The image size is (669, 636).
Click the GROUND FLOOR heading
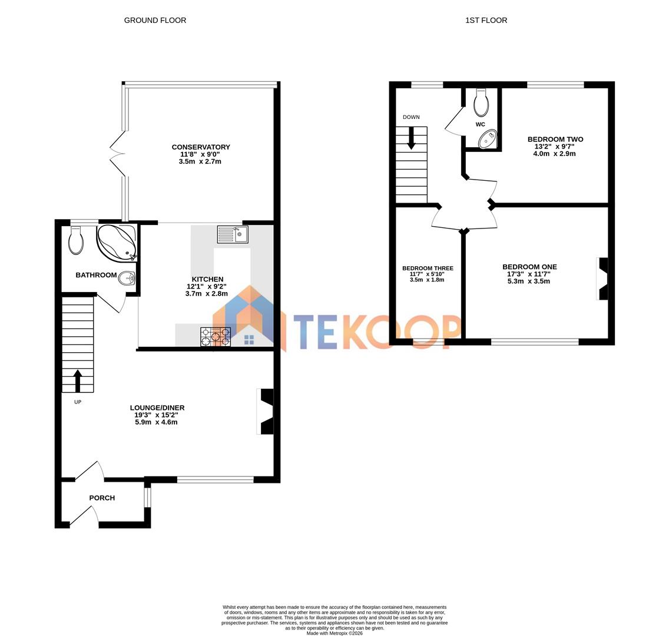click(x=155, y=21)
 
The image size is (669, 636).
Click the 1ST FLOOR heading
click(x=486, y=21)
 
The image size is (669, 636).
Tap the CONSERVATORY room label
click(x=201, y=147)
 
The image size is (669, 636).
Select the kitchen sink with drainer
click(x=233, y=234)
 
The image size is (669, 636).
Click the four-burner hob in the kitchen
click(x=215, y=337)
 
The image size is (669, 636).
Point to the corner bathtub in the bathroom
click(x=117, y=241)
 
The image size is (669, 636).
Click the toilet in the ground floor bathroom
click(x=76, y=240)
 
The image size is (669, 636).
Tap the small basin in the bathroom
click(x=127, y=279)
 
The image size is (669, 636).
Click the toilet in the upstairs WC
click(x=481, y=104)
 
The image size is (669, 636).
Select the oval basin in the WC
click(x=487, y=140)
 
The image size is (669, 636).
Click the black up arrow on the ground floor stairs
click(x=77, y=380)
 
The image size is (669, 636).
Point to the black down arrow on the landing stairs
click(x=410, y=138)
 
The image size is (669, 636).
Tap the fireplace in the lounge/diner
click(x=266, y=411)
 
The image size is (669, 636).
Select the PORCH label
click(x=102, y=498)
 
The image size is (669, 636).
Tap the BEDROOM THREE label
click(x=428, y=269)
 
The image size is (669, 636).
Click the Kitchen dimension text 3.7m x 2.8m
click(x=206, y=293)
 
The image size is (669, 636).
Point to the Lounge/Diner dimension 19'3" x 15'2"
click(x=156, y=415)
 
